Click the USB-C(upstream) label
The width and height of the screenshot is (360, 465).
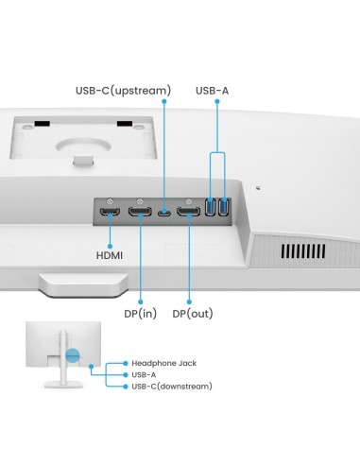123,91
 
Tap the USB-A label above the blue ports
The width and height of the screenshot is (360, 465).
212,91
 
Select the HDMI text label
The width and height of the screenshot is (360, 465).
109,255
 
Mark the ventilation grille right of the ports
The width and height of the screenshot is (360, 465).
300,251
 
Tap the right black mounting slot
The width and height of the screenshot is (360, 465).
124,122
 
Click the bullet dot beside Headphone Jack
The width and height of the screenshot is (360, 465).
124,363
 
